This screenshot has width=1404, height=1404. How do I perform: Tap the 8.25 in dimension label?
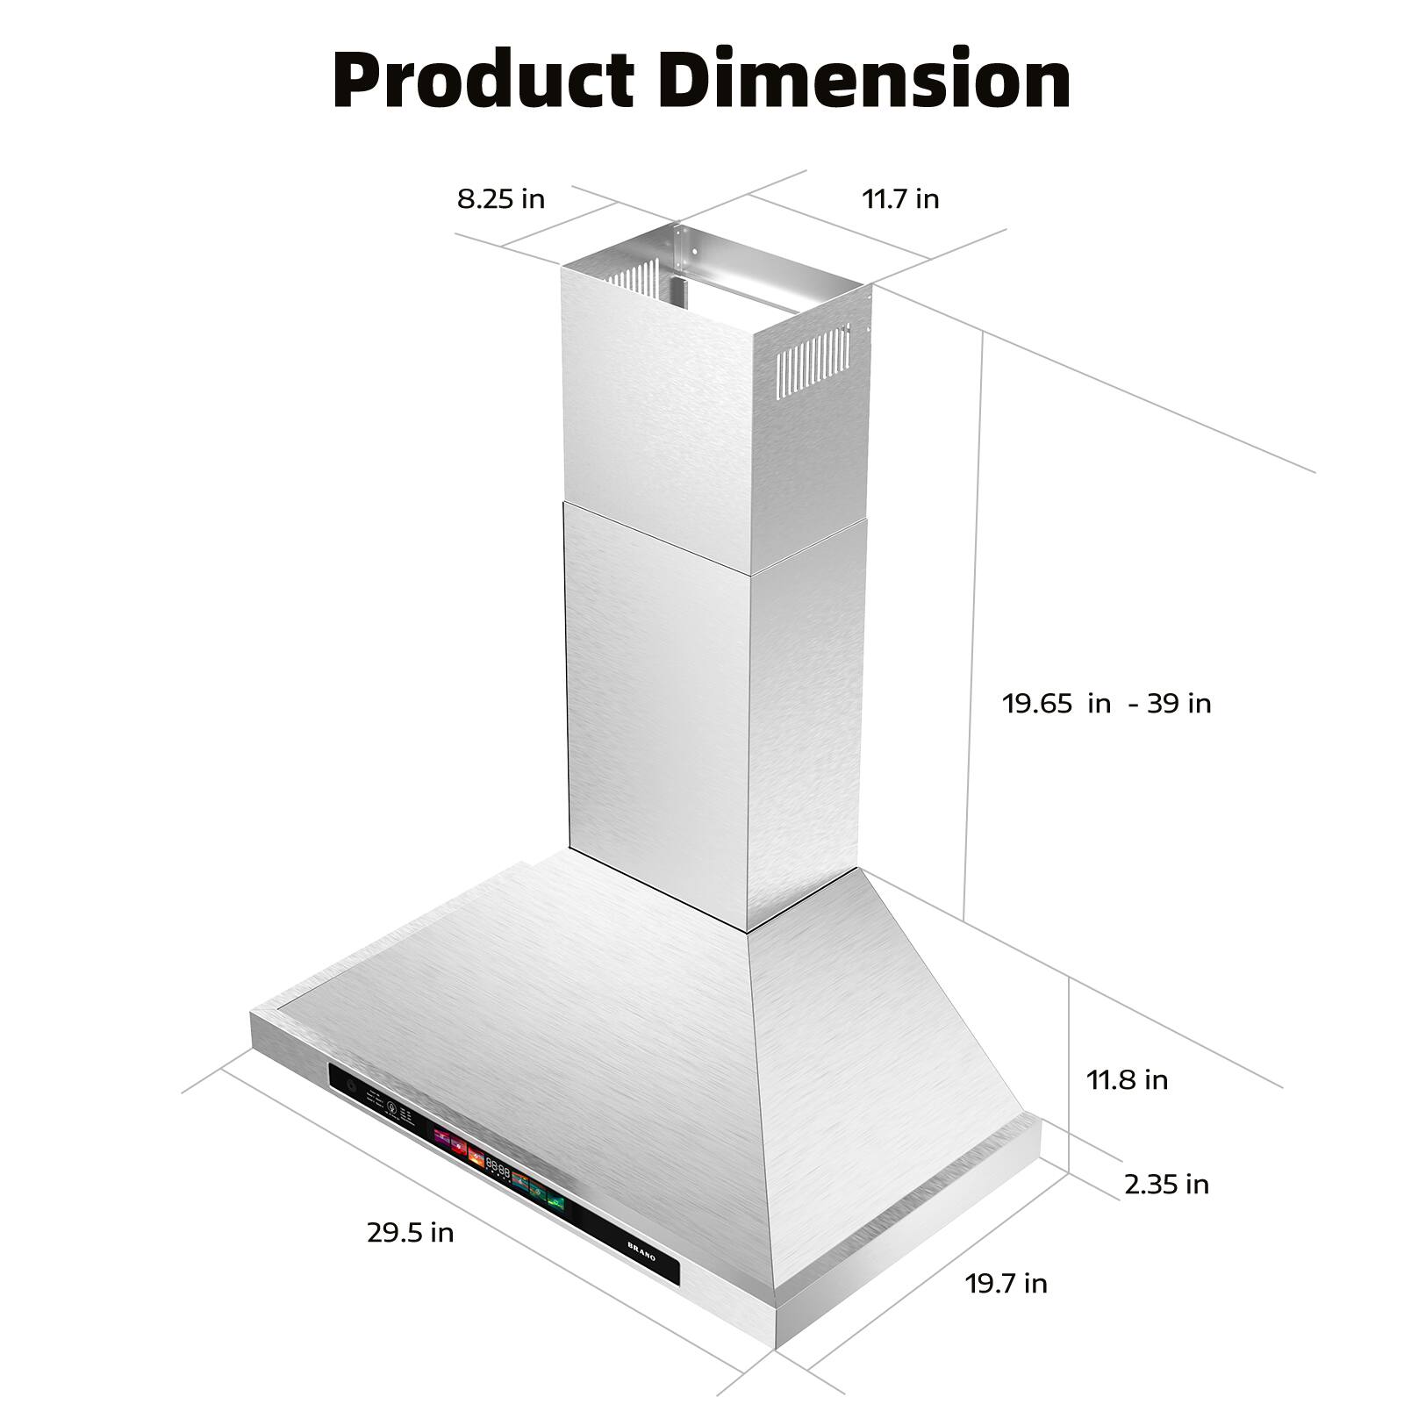501,199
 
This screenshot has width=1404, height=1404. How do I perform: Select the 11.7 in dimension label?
900,199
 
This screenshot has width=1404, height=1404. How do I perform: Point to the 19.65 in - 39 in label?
1107,703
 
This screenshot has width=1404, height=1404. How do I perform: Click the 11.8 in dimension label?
1128,1079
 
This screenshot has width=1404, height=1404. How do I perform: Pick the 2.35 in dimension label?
1166,1185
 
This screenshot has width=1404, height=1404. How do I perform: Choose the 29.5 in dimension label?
411,1233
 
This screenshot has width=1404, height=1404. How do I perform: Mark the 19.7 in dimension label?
1006,1284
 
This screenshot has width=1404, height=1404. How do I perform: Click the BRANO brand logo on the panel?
641,1252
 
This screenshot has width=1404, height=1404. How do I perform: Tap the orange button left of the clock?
476,1156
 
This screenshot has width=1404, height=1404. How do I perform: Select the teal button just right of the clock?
519,1180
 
